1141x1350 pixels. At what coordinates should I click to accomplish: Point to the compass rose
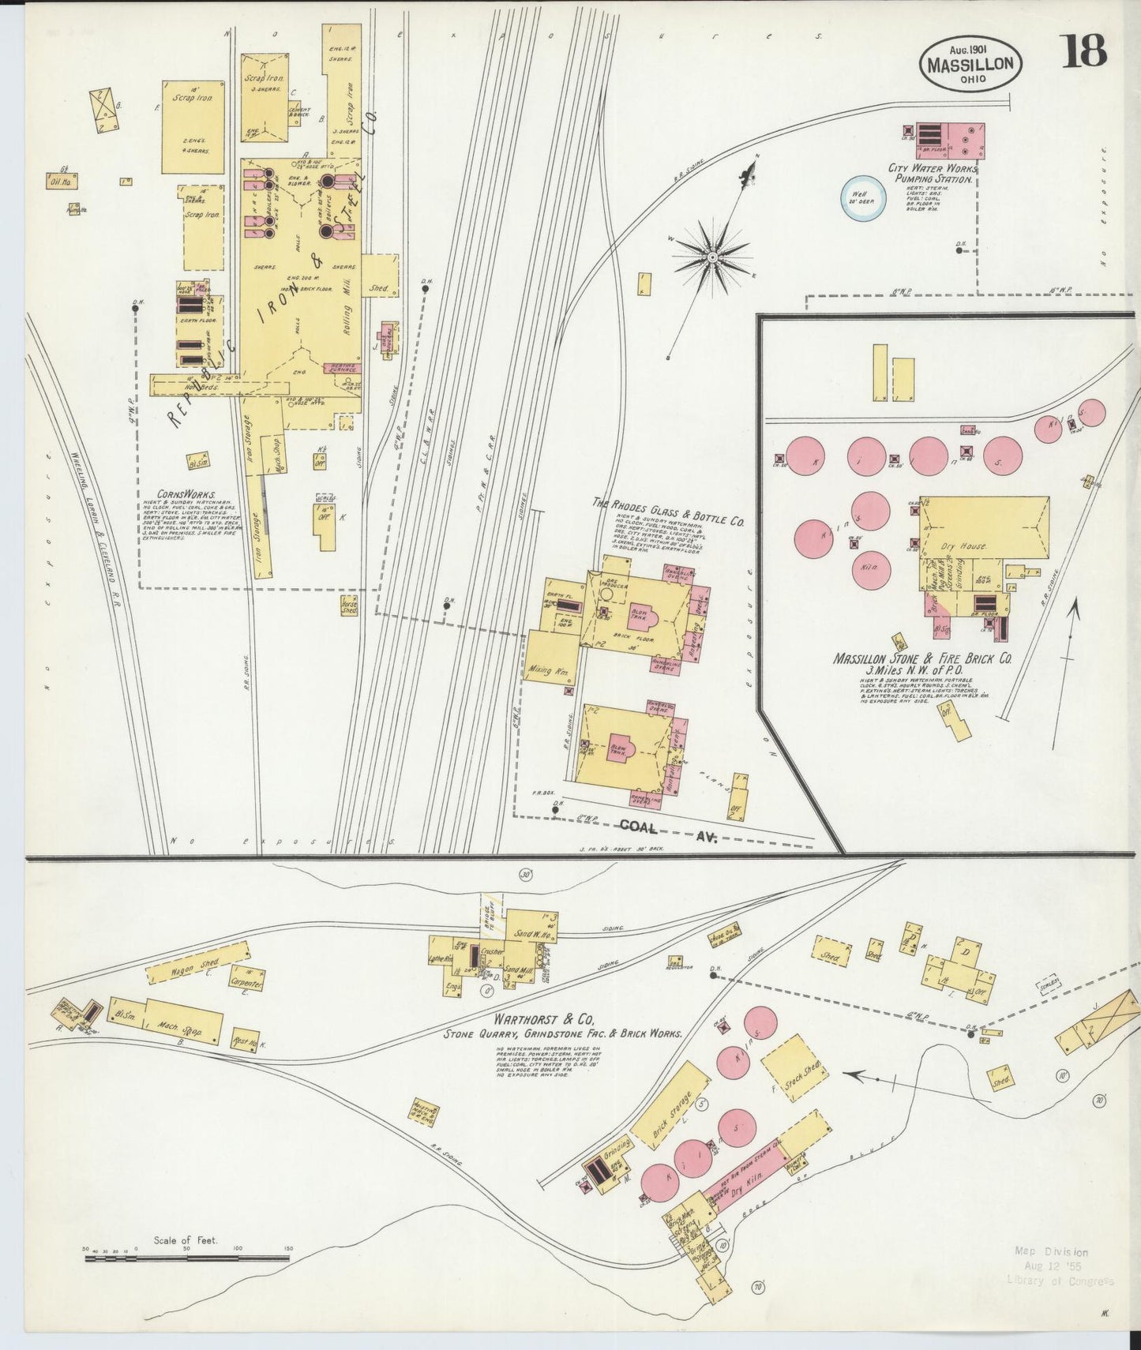(712, 257)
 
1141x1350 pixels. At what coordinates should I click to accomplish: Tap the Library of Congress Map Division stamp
(1059, 1266)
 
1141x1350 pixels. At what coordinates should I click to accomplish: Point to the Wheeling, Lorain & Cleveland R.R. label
(101, 545)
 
